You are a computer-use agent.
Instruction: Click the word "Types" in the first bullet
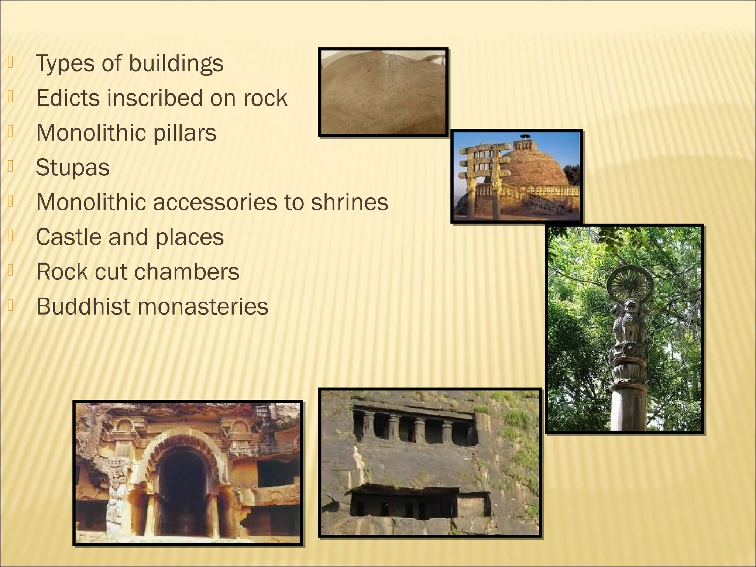click(x=65, y=64)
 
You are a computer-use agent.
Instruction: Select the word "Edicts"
click(x=68, y=98)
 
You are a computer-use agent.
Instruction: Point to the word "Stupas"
click(x=73, y=168)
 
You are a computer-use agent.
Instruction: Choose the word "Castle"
click(x=68, y=237)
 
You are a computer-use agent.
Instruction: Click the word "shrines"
click(x=349, y=202)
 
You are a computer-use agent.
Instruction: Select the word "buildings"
click(x=176, y=64)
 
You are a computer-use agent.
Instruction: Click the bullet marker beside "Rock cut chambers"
click(x=11, y=271)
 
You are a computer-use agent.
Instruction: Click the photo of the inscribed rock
click(x=383, y=92)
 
